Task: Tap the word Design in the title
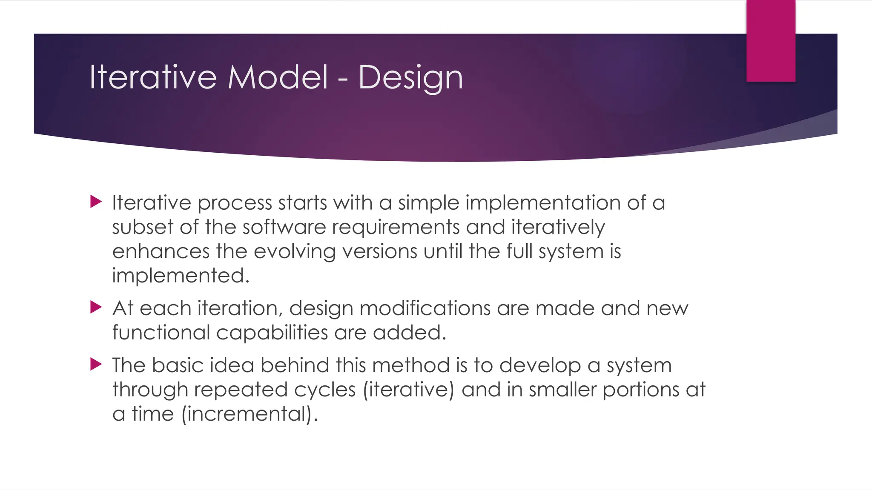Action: [410, 78]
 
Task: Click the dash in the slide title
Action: [343, 79]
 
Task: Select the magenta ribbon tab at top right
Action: [771, 41]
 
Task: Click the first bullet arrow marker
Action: [96, 202]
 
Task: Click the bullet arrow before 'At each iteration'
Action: [96, 307]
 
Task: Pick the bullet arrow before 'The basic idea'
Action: [96, 364]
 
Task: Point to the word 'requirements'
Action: [396, 228]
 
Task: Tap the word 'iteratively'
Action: [558, 228]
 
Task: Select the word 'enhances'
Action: [161, 251]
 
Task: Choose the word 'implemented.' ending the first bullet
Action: [181, 276]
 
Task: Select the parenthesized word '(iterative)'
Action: [409, 390]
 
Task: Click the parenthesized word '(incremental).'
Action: [250, 414]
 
